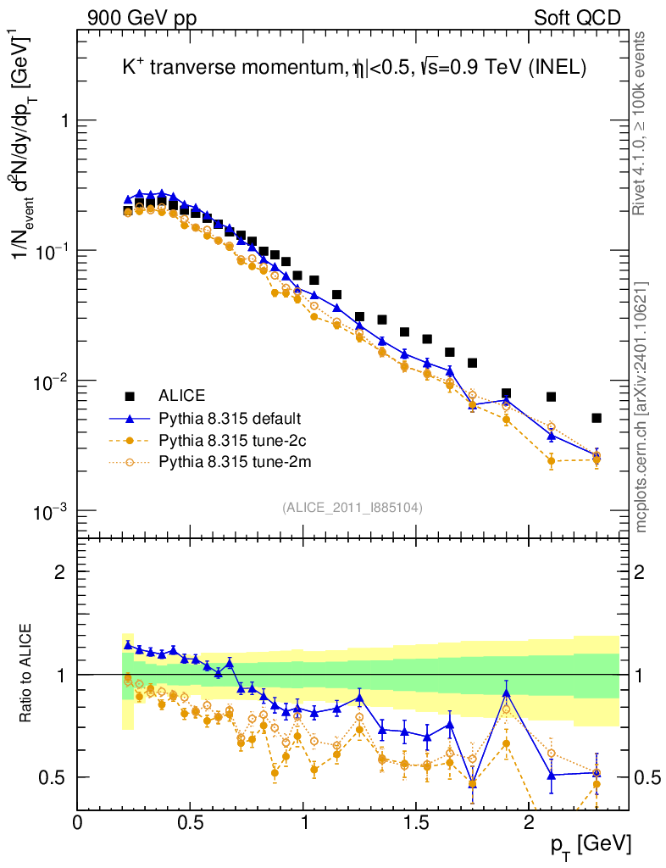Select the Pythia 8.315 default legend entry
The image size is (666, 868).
[230, 418]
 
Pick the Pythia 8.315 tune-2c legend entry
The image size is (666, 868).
[230, 440]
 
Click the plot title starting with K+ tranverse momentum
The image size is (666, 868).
[354, 70]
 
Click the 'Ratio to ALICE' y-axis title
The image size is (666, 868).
[27, 674]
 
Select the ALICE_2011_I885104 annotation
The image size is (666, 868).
[352, 507]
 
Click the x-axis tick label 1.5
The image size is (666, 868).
[415, 823]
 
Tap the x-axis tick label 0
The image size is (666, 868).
[78, 823]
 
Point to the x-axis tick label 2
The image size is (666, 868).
[528, 823]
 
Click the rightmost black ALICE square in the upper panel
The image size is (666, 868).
[597, 418]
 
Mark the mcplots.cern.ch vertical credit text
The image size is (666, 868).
[641, 406]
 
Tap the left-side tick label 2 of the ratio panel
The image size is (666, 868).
[59, 571]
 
